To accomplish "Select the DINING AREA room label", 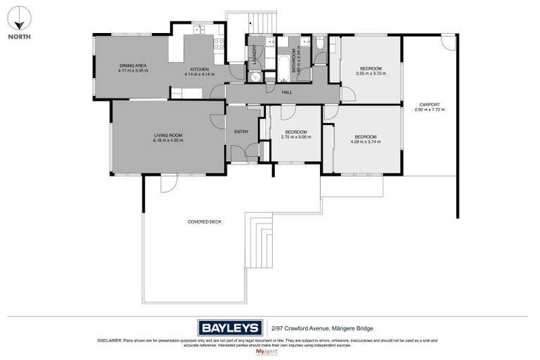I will pyautogui.click(x=133, y=65).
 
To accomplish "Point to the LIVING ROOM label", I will pyautogui.click(x=168, y=135).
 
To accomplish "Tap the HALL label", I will pyautogui.click(x=287, y=92).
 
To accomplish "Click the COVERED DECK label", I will pyautogui.click(x=205, y=221).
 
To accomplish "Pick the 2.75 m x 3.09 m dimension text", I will pyautogui.click(x=295, y=136).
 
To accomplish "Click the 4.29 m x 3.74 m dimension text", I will pyautogui.click(x=366, y=141).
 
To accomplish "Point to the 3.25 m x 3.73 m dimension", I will pyautogui.click(x=371, y=73).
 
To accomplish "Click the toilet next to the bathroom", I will pyautogui.click(x=321, y=44).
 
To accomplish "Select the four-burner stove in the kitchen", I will pyautogui.click(x=219, y=44).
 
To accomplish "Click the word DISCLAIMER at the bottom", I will pyautogui.click(x=109, y=340).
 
